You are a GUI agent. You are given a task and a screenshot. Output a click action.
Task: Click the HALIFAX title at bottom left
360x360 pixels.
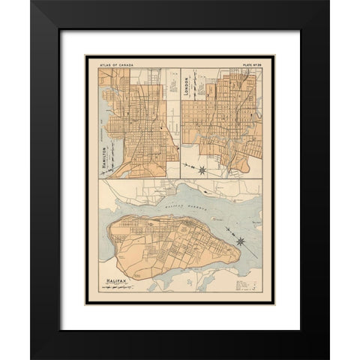116,282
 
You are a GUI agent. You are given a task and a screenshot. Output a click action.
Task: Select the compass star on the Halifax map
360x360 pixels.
240,241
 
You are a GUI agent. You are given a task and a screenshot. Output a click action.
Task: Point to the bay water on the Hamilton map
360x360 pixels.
105,112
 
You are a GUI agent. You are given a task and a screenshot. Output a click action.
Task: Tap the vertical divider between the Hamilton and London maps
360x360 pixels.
180,120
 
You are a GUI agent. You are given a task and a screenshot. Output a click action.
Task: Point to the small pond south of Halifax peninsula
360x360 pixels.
188,283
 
